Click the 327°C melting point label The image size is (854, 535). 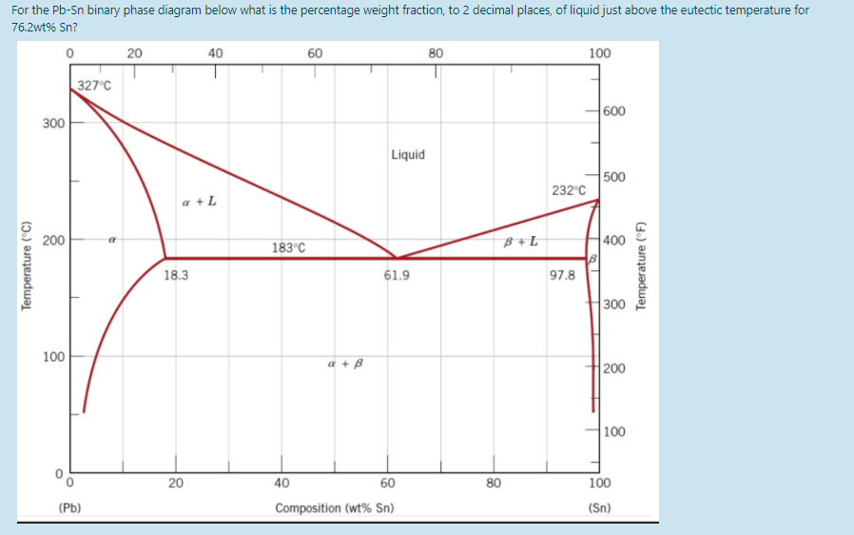pyautogui.click(x=94, y=86)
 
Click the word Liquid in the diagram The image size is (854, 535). pyautogui.click(x=408, y=154)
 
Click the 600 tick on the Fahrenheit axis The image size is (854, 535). pyautogui.click(x=614, y=111)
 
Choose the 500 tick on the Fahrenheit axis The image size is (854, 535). pyautogui.click(x=614, y=176)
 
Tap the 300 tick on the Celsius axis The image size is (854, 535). pyautogui.click(x=53, y=124)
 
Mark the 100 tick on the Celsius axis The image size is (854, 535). pyautogui.click(x=53, y=357)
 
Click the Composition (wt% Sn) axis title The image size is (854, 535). pyautogui.click(x=334, y=507)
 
